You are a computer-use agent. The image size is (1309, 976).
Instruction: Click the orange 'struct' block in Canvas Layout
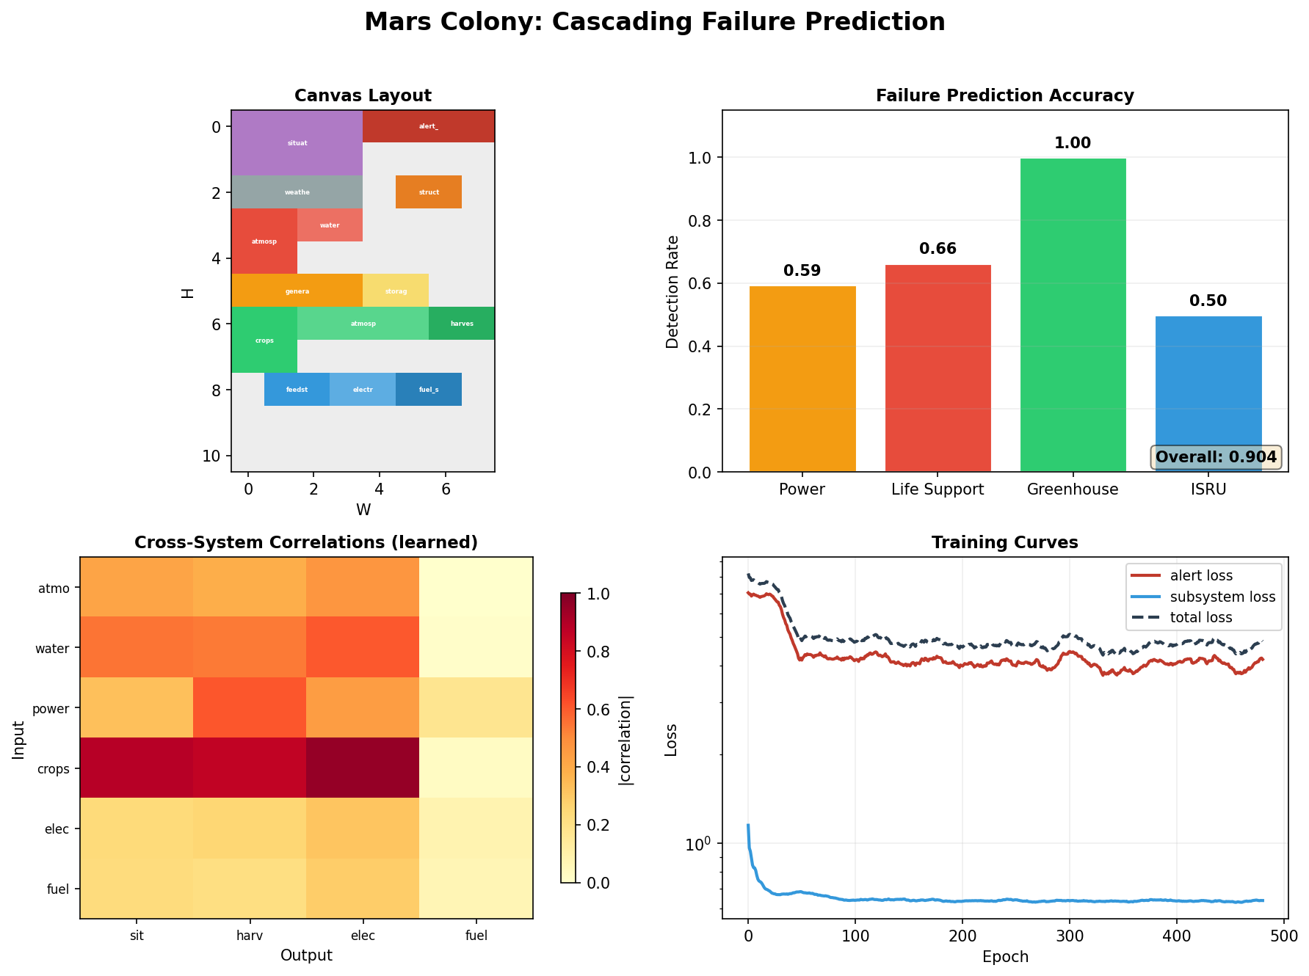pos(429,192)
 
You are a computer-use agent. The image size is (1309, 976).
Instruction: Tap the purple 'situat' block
pos(297,143)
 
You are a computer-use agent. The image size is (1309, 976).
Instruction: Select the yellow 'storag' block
pos(396,291)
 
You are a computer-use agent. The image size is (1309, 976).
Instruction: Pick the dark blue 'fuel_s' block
pos(429,389)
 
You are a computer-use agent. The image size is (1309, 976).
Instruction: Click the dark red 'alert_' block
pos(429,126)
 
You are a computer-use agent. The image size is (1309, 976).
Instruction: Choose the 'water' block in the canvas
pos(330,225)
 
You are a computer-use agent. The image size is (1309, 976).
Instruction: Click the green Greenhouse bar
pos(1073,315)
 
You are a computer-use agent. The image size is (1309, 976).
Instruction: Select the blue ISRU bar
pos(1208,389)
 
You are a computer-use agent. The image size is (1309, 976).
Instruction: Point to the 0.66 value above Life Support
pos(938,249)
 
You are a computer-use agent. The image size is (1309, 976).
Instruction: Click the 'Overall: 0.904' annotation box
pos(1216,457)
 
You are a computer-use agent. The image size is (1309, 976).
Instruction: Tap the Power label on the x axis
pos(802,489)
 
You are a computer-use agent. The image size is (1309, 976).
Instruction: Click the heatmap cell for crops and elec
pos(363,768)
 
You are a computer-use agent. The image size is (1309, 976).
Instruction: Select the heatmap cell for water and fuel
pos(476,647)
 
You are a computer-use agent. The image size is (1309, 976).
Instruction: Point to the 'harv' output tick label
pos(250,936)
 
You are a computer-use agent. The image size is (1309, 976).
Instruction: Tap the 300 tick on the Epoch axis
pos(1069,936)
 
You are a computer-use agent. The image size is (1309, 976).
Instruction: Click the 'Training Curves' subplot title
pos(1004,542)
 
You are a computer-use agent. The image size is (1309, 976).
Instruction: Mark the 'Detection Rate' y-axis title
pos(672,291)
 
